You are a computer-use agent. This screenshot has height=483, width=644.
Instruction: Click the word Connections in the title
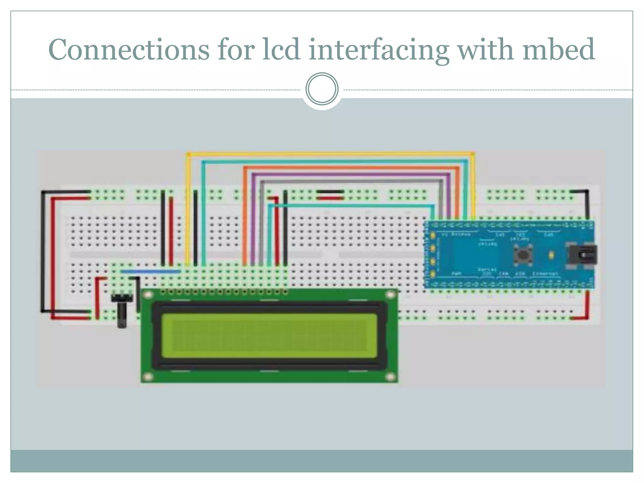click(129, 50)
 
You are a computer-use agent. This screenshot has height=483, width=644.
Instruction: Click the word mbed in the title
click(558, 50)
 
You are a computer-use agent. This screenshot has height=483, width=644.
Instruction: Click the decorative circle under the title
click(322, 89)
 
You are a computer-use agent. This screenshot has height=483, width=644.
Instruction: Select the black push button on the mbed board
click(523, 255)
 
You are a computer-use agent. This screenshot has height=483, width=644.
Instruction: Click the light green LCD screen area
click(269, 336)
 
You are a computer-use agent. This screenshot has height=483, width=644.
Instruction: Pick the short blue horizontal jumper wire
click(151, 271)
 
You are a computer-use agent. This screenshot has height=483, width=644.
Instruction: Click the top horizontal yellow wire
click(330, 154)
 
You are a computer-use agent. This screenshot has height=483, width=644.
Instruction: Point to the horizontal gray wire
click(349, 181)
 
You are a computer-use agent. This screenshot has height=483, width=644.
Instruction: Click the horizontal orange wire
click(349, 168)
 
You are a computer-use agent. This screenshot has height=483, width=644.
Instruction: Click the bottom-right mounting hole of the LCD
click(390, 377)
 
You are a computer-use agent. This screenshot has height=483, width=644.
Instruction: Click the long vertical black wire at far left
click(42, 252)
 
